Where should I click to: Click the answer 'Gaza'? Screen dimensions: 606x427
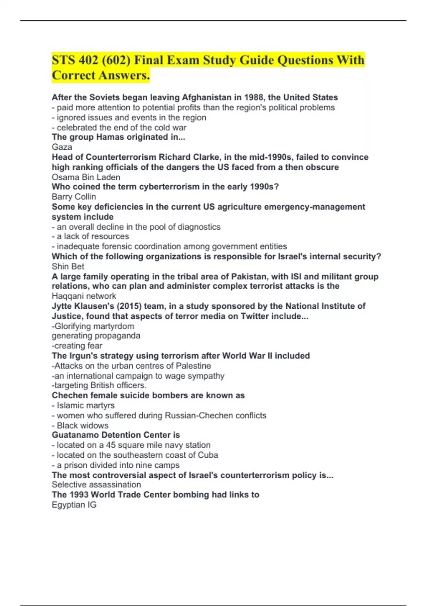[x=62, y=147]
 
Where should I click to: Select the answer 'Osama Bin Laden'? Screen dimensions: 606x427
[x=86, y=177]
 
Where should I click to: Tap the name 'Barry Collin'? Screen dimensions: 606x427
[x=74, y=197]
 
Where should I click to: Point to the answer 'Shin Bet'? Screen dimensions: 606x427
[x=68, y=266]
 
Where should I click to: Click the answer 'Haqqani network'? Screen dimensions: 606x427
[x=84, y=296]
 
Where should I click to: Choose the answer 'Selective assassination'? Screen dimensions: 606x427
[x=96, y=485]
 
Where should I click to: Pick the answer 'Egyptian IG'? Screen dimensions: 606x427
[x=74, y=505]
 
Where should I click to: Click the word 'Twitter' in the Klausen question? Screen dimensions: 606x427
[x=255, y=316]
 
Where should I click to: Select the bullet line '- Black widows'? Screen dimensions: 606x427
[x=80, y=426]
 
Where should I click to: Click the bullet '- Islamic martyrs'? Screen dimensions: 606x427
[x=83, y=406]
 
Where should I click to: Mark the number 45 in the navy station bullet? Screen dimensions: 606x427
[x=111, y=445]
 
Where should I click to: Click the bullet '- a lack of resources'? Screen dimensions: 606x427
[x=90, y=236]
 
